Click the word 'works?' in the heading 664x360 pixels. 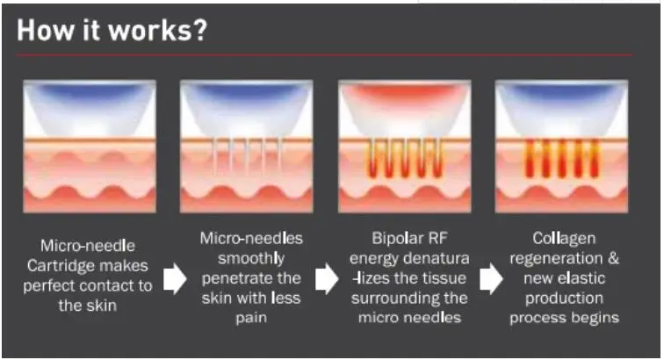point(157,30)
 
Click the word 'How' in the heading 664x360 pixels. point(45,30)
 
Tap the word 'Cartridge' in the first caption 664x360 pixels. point(61,266)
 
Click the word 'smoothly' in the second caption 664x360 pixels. point(251,258)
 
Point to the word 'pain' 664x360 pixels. point(251,318)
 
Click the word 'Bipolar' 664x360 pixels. point(392,238)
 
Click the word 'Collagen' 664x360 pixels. point(564,239)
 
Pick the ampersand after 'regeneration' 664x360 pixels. point(613,258)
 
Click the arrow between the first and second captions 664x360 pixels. point(175,278)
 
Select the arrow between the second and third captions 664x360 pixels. point(327,278)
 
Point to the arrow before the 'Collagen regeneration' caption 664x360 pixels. point(491,278)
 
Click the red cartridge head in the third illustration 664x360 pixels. point(404,97)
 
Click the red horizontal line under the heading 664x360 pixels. point(325,54)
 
